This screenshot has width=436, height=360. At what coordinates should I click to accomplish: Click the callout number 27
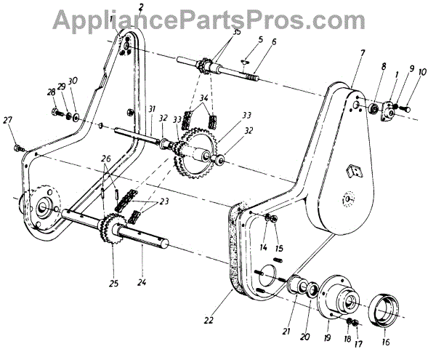click(8, 120)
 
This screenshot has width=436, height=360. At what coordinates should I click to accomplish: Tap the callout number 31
click(150, 111)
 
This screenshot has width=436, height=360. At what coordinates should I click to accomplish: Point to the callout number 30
click(73, 81)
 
